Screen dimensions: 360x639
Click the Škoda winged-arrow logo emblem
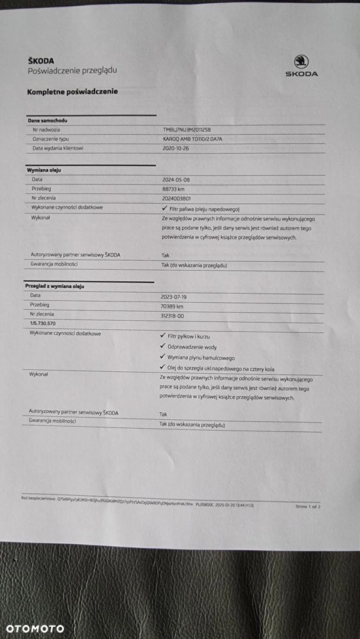coord(300,62)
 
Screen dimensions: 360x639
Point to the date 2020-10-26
coord(176,148)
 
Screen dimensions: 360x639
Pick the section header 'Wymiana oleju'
coord(43,171)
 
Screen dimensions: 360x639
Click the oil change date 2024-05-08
coord(177,180)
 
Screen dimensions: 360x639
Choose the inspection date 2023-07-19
coord(175,296)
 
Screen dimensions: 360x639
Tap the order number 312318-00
coord(173,315)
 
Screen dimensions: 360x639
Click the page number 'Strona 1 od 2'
coord(308,506)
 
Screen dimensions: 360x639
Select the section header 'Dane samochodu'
coord(47,120)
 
